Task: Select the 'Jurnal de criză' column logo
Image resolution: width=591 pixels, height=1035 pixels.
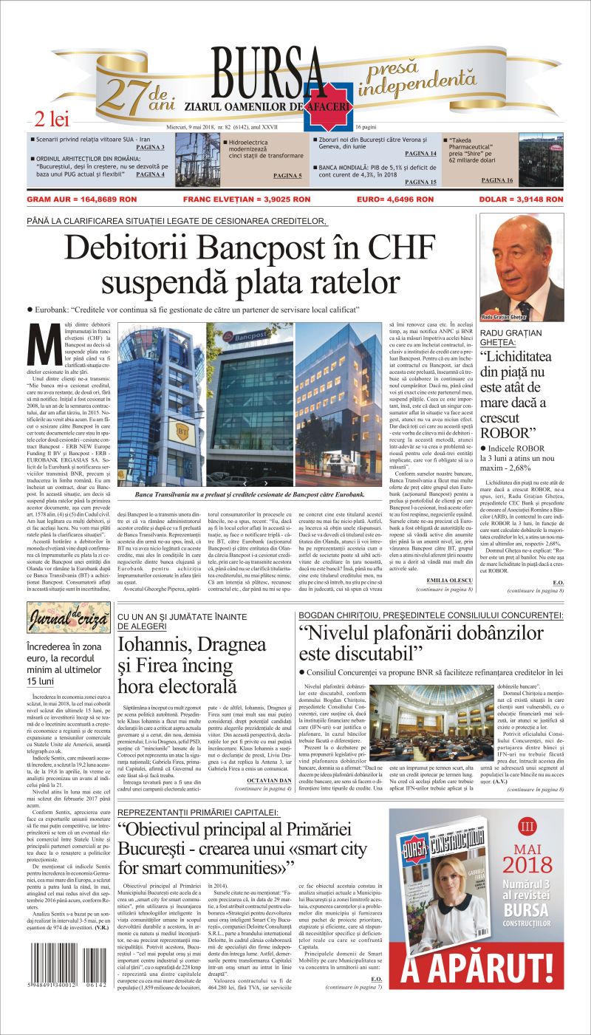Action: point(69,617)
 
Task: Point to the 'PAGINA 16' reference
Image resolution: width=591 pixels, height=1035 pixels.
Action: point(497,180)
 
